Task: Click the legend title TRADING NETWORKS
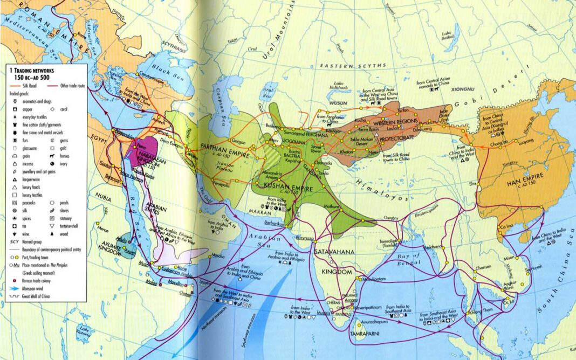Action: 32,71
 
